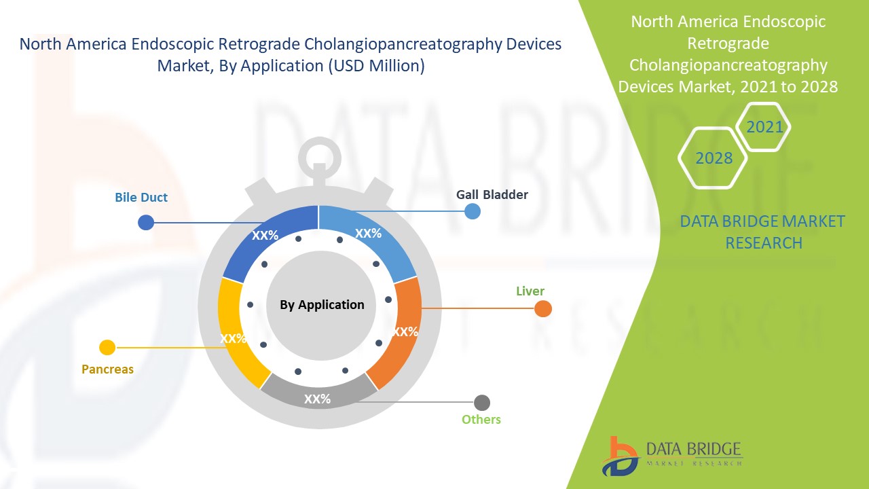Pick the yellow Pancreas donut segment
pos(234,333)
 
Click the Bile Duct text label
pos(141,198)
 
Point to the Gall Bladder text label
pos(492,195)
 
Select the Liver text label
pos(530,291)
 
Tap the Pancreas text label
pos(107,369)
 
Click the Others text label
pos(481,419)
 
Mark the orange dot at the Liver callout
pos(542,309)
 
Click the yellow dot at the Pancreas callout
pos(107,348)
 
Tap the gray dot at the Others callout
pos(482,402)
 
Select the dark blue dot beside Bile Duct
pos(145,222)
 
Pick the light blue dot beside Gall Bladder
pos(473,211)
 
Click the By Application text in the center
pos(322,305)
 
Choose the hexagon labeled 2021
pos(764,127)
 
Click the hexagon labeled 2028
pos(713,158)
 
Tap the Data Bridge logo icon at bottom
pos(620,456)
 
